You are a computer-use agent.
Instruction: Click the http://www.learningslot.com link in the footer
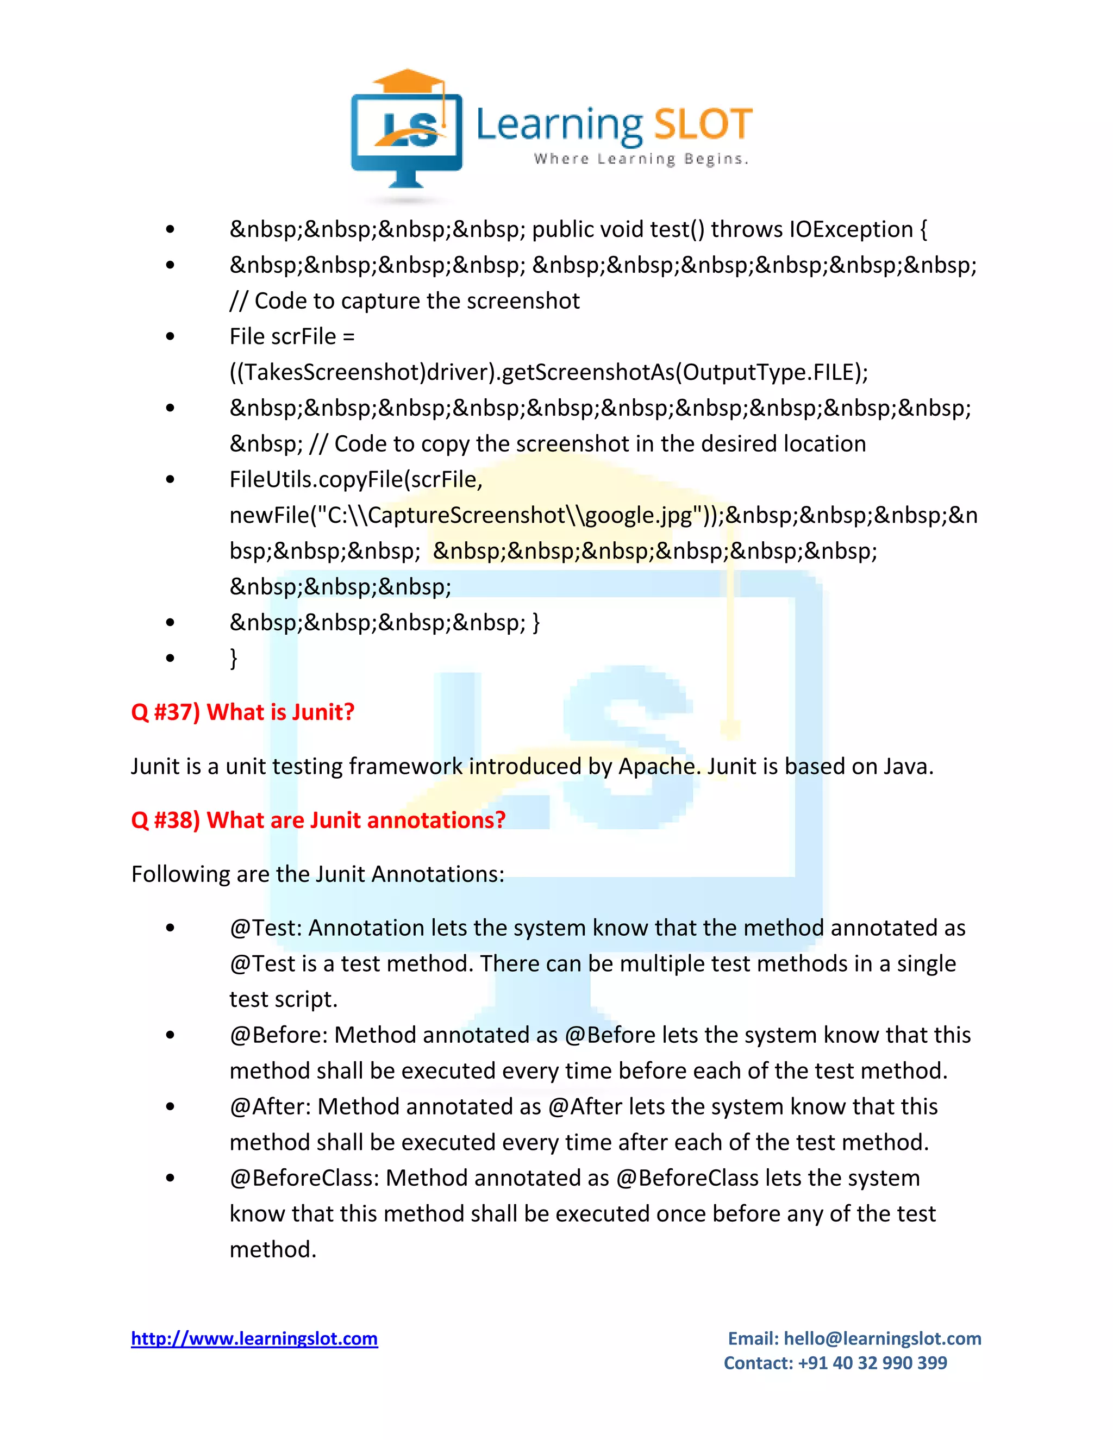click(254, 1338)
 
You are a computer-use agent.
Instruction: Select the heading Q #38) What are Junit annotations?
click(318, 820)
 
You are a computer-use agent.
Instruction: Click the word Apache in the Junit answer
click(659, 766)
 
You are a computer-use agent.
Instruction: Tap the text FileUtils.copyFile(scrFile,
click(356, 479)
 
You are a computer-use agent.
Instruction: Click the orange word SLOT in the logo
click(703, 124)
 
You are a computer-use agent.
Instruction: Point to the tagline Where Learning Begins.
click(641, 159)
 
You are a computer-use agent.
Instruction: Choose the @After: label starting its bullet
click(270, 1106)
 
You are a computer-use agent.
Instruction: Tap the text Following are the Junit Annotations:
click(318, 874)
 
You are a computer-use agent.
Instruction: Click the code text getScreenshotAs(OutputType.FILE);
click(684, 373)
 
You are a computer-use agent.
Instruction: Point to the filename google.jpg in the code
click(638, 515)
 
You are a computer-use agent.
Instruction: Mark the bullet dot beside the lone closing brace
click(171, 658)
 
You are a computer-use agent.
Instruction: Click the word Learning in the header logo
click(559, 124)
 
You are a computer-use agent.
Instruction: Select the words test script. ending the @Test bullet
click(284, 999)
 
